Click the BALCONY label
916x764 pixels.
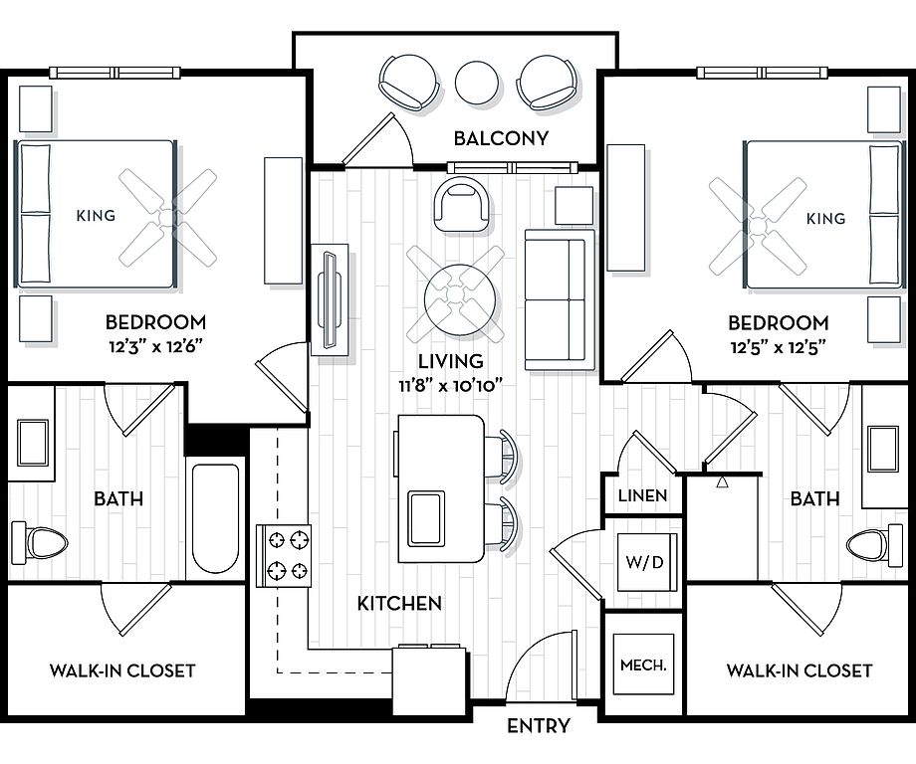coord(501,138)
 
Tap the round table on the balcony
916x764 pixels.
coord(477,83)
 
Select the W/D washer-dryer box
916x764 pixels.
coord(644,561)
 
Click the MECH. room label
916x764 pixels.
coord(643,665)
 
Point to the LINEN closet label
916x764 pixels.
coord(642,495)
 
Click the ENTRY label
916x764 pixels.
coord(538,725)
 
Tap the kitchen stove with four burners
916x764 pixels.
coord(284,556)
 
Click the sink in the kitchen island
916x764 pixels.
coord(426,518)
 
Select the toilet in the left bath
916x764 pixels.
coord(40,543)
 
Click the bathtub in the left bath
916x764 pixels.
coord(215,519)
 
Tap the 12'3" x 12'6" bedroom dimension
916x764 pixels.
coord(155,347)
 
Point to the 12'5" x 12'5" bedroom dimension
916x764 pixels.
coord(779,348)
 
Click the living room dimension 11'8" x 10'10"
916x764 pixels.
coord(450,385)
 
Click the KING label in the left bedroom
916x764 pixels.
coord(96,215)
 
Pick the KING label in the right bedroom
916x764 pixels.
coord(825,218)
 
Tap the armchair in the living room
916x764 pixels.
coord(462,205)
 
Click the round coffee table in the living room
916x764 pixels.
coord(460,299)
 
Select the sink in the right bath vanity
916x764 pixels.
coord(883,449)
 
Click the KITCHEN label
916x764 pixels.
coord(399,603)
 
